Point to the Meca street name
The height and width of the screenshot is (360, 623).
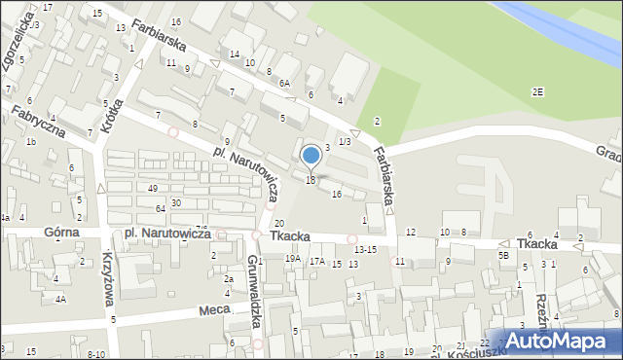pyautogui.click(x=213, y=311)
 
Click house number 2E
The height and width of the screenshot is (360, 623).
pyautogui.click(x=537, y=91)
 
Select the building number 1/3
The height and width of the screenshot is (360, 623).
pyautogui.click(x=344, y=142)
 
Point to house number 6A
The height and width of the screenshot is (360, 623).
pyautogui.click(x=284, y=85)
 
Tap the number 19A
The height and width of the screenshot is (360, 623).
pyautogui.click(x=292, y=259)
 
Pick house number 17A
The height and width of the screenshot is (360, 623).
pyautogui.click(x=316, y=262)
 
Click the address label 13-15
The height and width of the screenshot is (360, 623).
pyautogui.click(x=365, y=250)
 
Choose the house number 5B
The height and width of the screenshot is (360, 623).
pyautogui.click(x=503, y=255)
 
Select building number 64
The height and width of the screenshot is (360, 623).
pyautogui.click(x=160, y=209)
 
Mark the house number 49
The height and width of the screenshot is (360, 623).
pyautogui.click(x=153, y=188)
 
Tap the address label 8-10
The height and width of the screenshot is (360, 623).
pyautogui.click(x=95, y=354)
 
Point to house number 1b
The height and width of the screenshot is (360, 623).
pyautogui.click(x=30, y=142)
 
